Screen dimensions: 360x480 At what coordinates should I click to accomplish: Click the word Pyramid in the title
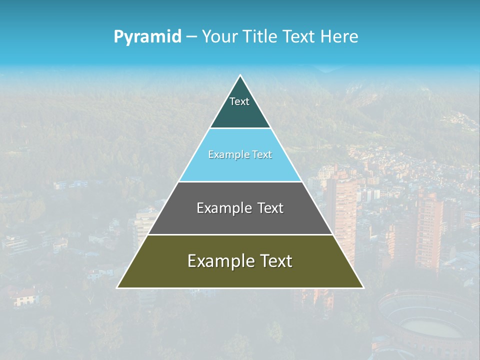tap(147, 37)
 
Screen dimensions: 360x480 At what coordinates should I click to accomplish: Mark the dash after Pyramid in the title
tap(191, 37)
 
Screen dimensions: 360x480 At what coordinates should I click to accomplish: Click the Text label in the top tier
tap(239, 101)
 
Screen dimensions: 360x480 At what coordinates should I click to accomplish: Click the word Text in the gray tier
tap(270, 208)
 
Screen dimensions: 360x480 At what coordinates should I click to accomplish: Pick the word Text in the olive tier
tap(276, 261)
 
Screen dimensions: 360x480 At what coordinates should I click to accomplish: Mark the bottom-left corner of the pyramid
tap(118, 287)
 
